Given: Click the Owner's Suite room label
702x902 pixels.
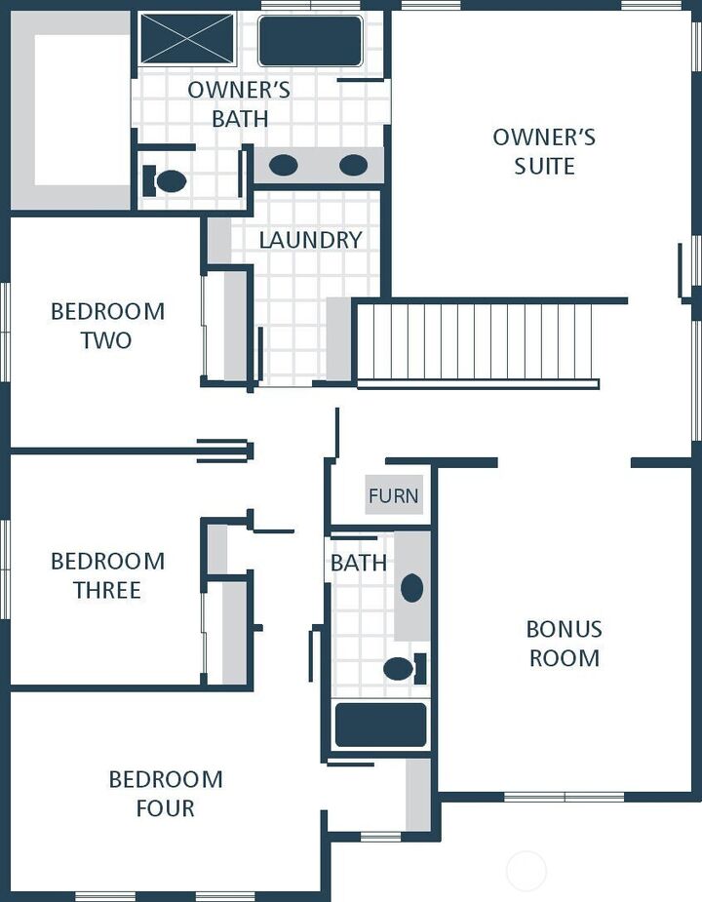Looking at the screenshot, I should (544, 151).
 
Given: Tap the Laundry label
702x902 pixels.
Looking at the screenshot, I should (310, 240).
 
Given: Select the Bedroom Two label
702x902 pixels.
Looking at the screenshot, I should (107, 326).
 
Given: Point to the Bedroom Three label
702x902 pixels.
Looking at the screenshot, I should (107, 575).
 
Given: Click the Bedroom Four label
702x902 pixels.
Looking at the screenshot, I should (165, 793).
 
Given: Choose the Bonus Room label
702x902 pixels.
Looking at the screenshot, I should (565, 643).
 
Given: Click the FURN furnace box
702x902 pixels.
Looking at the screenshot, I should (394, 496).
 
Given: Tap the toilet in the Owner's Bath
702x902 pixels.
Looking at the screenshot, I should (166, 180).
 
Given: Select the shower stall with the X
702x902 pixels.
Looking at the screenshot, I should (187, 39).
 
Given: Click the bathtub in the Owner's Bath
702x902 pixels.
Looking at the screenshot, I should (310, 41).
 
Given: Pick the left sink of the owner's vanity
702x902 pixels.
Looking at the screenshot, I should (284, 165).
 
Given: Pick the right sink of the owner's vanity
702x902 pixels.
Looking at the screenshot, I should (353, 165).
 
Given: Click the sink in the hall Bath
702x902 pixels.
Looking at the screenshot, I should (411, 588).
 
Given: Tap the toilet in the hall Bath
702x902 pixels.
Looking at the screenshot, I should (402, 668).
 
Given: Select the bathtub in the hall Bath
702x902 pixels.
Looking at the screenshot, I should (380, 725).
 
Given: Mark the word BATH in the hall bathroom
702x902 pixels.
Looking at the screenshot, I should (358, 563).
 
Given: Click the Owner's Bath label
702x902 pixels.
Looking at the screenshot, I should (239, 104).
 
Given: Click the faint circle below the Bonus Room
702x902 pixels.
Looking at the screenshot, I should (526, 870).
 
